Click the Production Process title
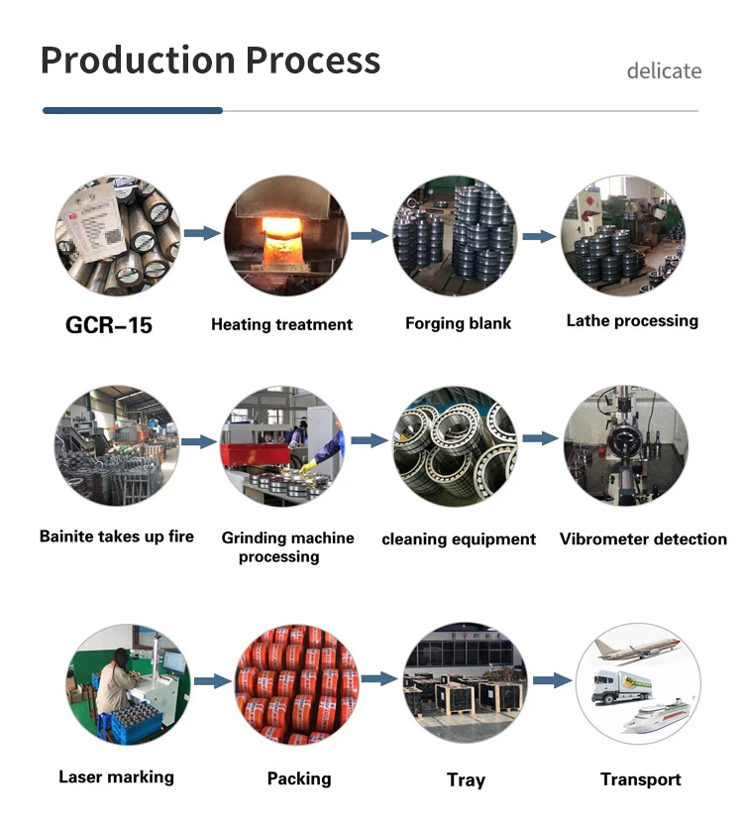pyautogui.click(x=210, y=60)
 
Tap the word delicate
pyautogui.click(x=664, y=71)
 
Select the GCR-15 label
pyautogui.click(x=109, y=325)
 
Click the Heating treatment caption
pyautogui.click(x=281, y=324)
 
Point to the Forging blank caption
pyautogui.click(x=458, y=323)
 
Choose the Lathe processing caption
pyautogui.click(x=632, y=320)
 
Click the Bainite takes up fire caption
pyautogui.click(x=117, y=537)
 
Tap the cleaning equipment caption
pyautogui.click(x=459, y=539)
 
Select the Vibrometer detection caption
pyautogui.click(x=643, y=539)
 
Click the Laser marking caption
pyautogui.click(x=116, y=776)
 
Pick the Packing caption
pyautogui.click(x=299, y=778)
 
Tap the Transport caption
pyautogui.click(x=641, y=779)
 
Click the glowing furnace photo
pyautogui.click(x=285, y=235)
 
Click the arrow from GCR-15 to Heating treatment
pyautogui.click(x=202, y=233)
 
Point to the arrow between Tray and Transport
pyautogui.click(x=552, y=680)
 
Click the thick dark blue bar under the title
pyautogui.click(x=133, y=110)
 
